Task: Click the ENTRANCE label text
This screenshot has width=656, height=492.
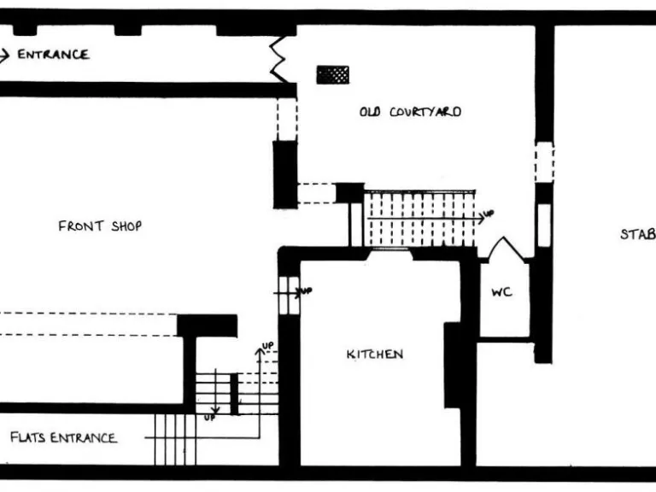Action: tap(53, 55)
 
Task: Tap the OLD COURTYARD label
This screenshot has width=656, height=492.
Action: tap(410, 112)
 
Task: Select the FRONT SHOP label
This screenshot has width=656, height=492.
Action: tap(100, 226)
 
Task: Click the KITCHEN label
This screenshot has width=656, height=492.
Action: tap(374, 354)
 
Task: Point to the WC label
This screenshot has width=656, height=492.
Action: tap(501, 291)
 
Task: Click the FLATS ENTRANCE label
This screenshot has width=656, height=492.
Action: tap(62, 438)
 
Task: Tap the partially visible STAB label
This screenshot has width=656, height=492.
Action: tap(637, 233)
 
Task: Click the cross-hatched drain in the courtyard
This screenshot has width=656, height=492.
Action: tap(332, 75)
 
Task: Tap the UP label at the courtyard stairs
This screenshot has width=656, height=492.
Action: tap(489, 214)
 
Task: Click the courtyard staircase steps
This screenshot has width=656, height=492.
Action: tap(419, 219)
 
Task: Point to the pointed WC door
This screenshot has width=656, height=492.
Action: tap(500, 249)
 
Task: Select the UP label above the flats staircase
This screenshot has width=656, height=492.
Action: tap(266, 346)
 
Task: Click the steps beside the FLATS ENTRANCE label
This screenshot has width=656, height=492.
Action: tap(175, 438)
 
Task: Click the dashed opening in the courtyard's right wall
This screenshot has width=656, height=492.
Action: tap(544, 161)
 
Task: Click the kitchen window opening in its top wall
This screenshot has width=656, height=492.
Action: tap(389, 254)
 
